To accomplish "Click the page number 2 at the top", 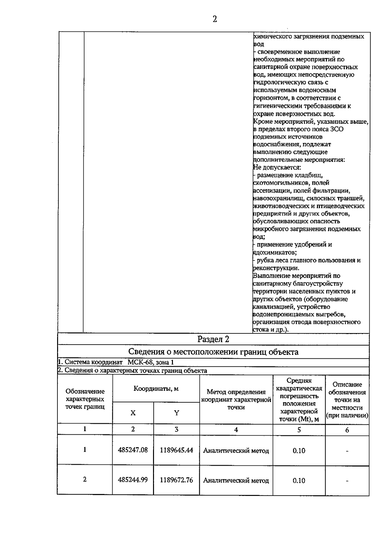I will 215,19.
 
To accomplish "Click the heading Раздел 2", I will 213,339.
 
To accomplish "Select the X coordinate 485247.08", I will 133,450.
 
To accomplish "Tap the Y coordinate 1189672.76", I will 176,480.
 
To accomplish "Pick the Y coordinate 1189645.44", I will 176,450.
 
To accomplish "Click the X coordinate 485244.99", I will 133,480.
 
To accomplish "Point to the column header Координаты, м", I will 156,389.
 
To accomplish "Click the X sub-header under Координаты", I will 133,413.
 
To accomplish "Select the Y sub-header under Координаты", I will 176,413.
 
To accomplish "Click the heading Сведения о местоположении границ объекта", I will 213,352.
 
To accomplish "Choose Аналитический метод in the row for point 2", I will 236,481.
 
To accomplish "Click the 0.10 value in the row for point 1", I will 299,450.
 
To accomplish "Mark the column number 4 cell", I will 236,430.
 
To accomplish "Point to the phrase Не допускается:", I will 277,167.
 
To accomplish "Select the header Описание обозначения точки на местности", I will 347,400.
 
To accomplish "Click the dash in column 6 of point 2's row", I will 347,481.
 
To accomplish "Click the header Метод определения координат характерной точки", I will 236,399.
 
